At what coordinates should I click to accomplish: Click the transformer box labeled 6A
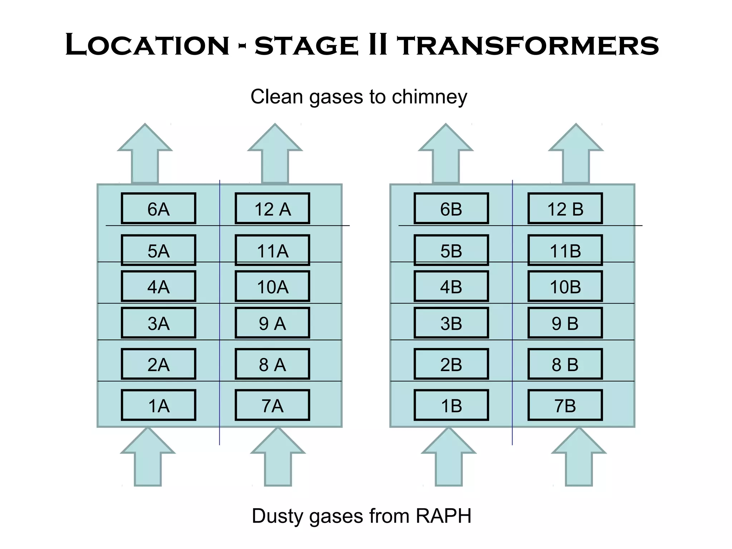point(158,209)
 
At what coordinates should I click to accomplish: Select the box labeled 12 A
point(272,209)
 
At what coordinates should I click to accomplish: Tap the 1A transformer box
point(158,405)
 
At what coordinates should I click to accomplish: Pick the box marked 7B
point(565,405)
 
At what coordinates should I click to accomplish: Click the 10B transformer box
point(565,287)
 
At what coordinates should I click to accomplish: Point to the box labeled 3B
point(451,323)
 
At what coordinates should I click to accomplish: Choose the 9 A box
point(272,323)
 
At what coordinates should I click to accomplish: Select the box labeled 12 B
point(565,209)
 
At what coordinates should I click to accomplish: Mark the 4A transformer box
point(158,287)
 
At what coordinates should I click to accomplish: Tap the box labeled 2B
point(451,364)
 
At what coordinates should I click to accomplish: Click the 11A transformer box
point(272,250)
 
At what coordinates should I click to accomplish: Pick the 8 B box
point(565,364)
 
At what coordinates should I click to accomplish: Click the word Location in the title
point(147,45)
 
